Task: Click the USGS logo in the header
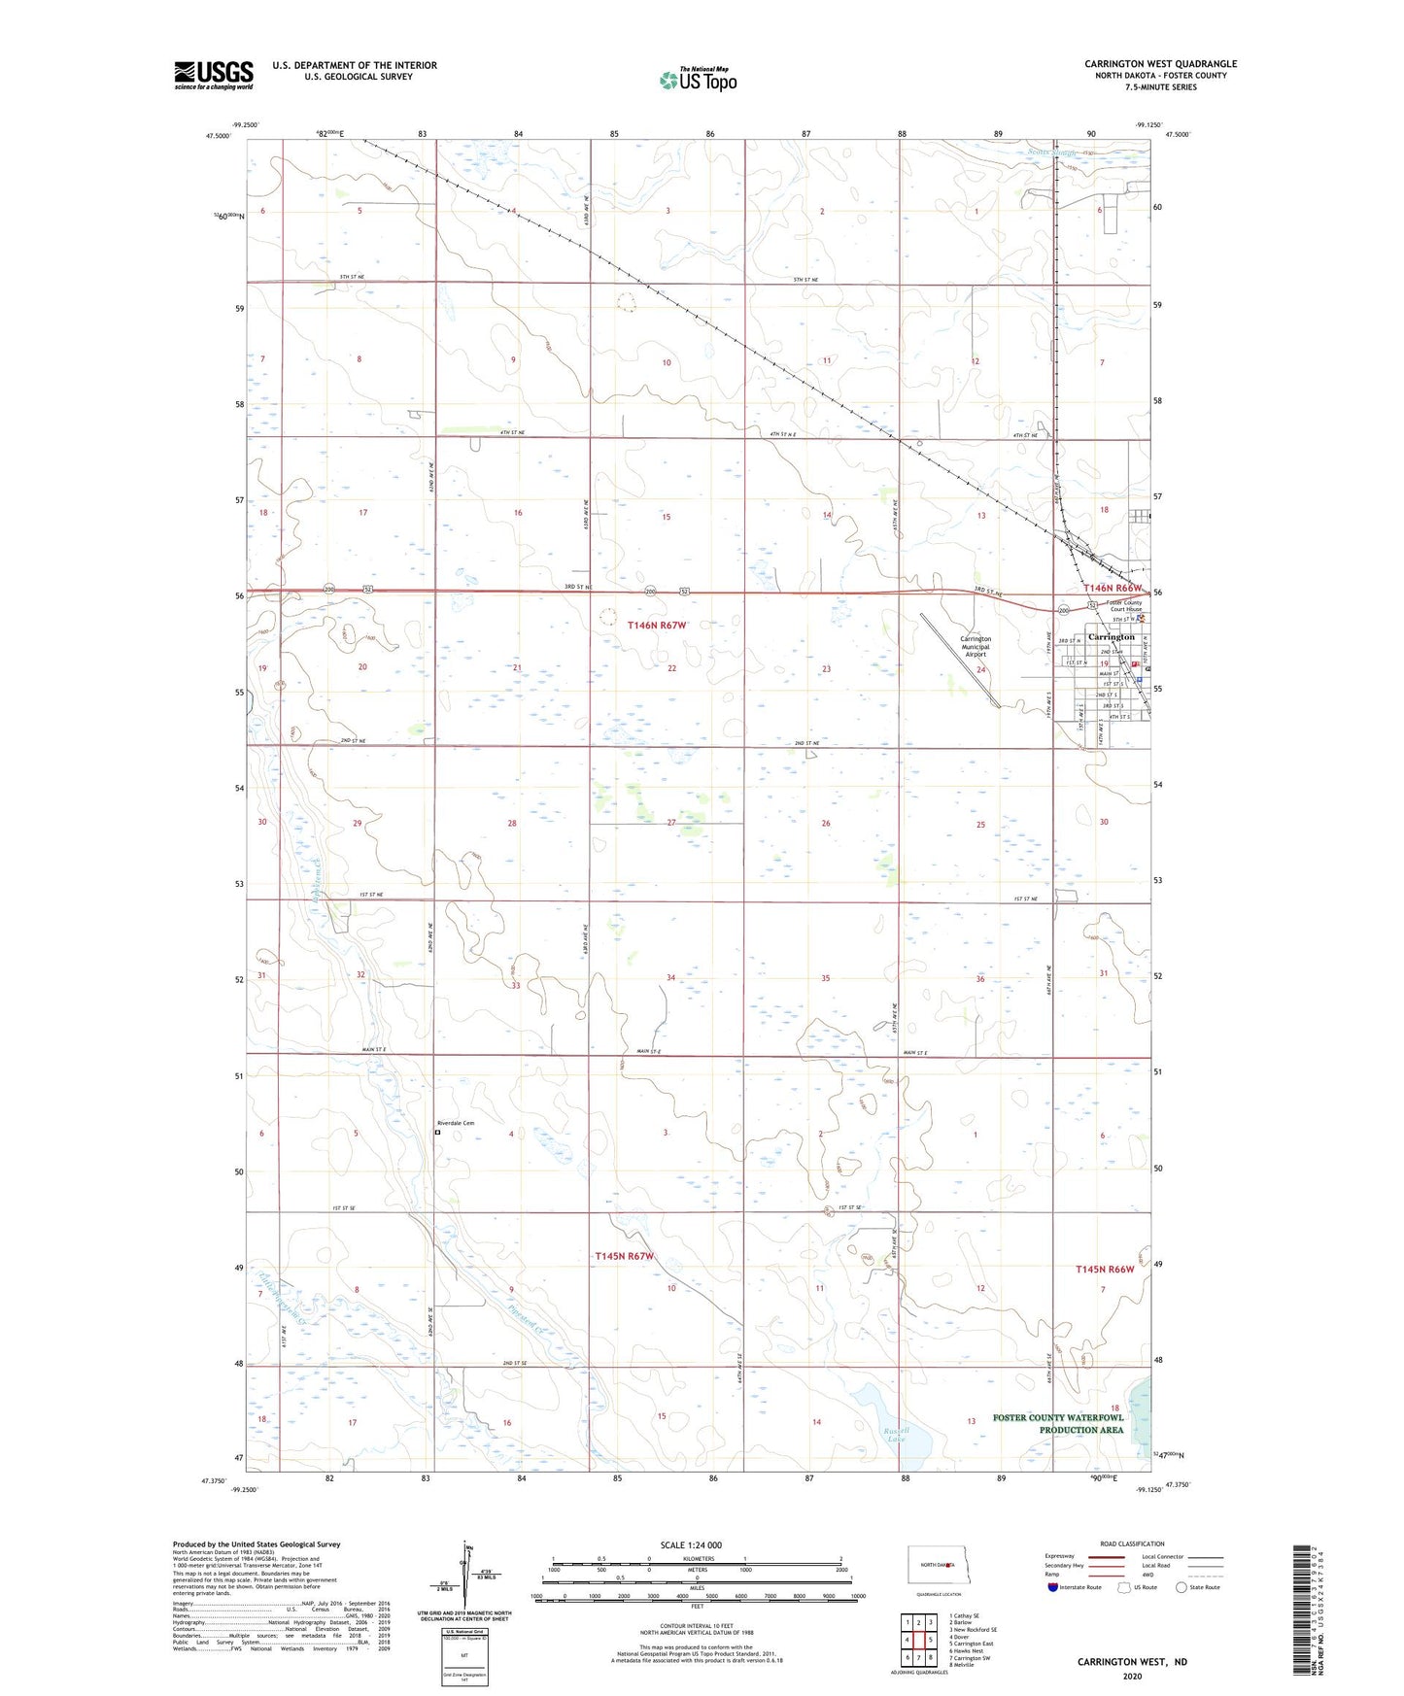[214, 75]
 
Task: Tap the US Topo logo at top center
[697, 80]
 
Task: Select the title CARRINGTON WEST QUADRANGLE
[1160, 64]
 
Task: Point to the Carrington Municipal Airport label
[975, 647]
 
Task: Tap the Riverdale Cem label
[456, 1123]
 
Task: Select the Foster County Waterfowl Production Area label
[1057, 1423]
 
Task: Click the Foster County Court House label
[1125, 606]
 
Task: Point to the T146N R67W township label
[658, 627]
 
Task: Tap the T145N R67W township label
[625, 1256]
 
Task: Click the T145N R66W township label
[1105, 1270]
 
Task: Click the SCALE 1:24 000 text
[691, 1545]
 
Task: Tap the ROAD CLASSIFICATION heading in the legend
[1132, 1543]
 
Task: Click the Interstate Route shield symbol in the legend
[1054, 1587]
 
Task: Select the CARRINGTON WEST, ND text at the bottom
[1132, 1662]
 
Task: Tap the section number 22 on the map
[671, 668]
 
